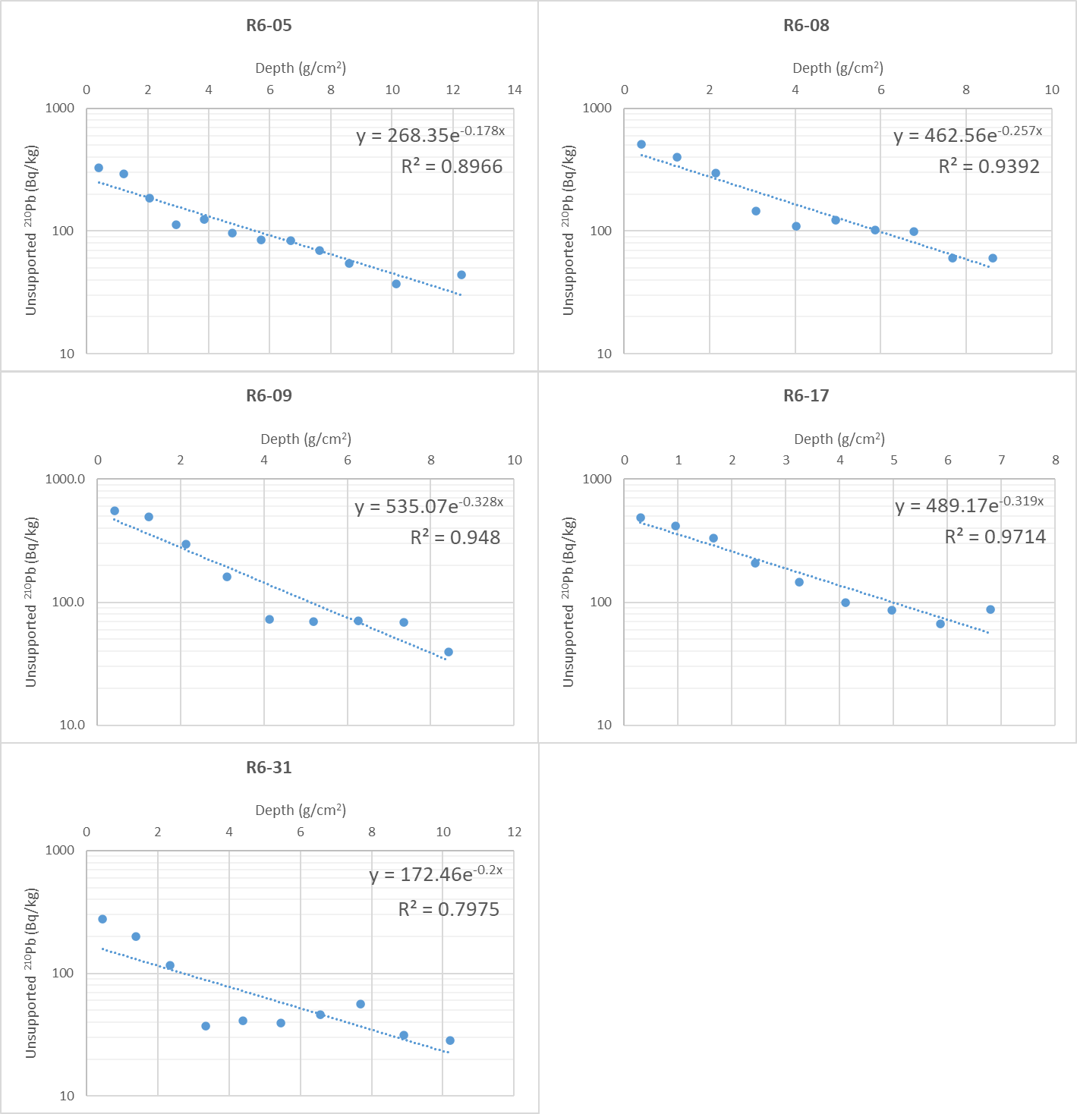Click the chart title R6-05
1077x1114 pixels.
point(269,25)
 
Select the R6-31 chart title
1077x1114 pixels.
point(269,767)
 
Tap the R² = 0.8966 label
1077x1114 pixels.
point(452,167)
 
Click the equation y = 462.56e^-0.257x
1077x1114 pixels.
point(968,135)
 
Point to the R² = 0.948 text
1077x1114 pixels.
point(455,537)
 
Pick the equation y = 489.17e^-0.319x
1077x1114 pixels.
point(969,505)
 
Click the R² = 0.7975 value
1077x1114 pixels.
point(449,909)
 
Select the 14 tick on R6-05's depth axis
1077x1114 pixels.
point(515,90)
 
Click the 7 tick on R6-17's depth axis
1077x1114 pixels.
point(1001,460)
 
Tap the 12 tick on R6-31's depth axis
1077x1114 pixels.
point(515,832)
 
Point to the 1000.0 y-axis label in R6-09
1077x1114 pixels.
point(65,479)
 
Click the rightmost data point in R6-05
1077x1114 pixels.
point(461,275)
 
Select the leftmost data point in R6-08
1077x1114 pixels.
point(641,144)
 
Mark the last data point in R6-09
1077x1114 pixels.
point(449,652)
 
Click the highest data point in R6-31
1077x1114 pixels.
point(102,919)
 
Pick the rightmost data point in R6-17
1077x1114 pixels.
point(990,609)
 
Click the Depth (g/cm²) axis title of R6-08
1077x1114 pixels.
point(838,68)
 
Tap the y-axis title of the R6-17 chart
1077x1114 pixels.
point(568,602)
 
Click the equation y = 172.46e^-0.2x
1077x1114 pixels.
point(436,874)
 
